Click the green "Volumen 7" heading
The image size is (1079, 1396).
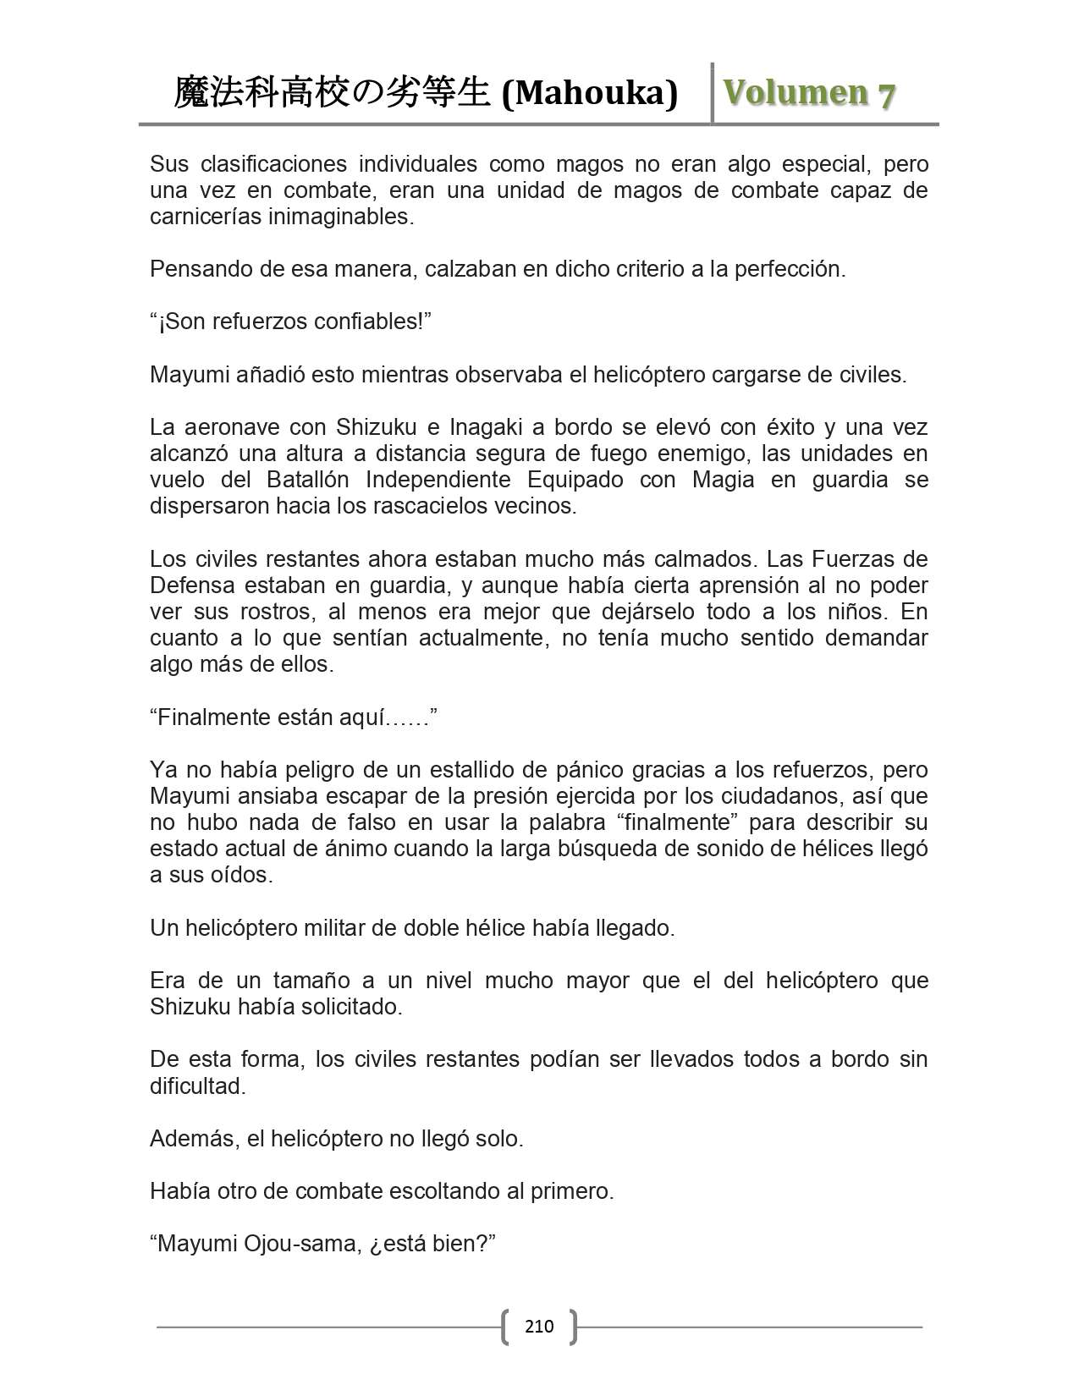coord(809,93)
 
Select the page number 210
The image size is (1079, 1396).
coord(539,1326)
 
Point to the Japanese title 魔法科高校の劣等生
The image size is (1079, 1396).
coord(332,93)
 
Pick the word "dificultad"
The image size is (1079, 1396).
coord(197,1085)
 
